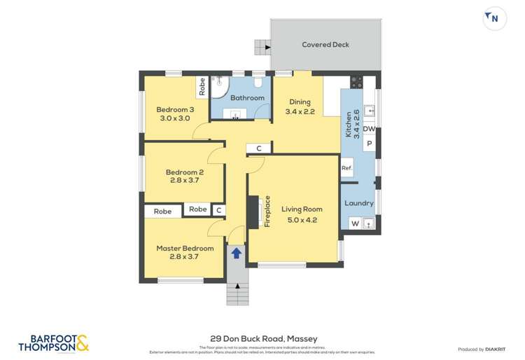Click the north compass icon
(x=494, y=18)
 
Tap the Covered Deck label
(x=325, y=45)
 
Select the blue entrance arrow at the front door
(x=237, y=253)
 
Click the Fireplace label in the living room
(x=267, y=210)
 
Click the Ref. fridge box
(x=346, y=168)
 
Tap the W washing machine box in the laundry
(x=355, y=224)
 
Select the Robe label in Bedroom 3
(x=202, y=86)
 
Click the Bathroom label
(x=248, y=98)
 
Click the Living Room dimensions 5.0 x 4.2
(x=302, y=220)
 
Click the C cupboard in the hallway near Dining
(x=258, y=148)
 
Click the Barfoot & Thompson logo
(x=54, y=342)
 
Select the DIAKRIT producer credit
(x=482, y=349)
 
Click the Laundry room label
(x=359, y=204)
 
